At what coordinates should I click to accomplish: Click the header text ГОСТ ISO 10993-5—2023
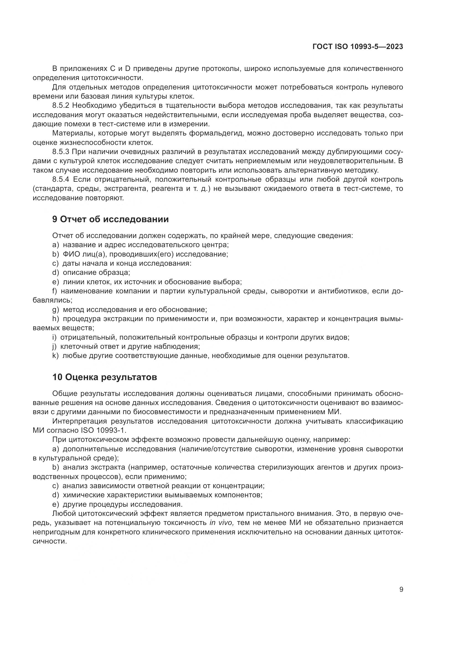pos(357,47)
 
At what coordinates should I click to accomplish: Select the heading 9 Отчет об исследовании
pos(110,219)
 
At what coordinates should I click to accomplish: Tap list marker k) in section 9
pos(55,356)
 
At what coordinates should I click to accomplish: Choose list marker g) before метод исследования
pos(55,310)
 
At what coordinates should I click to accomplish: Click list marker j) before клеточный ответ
pos(55,346)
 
